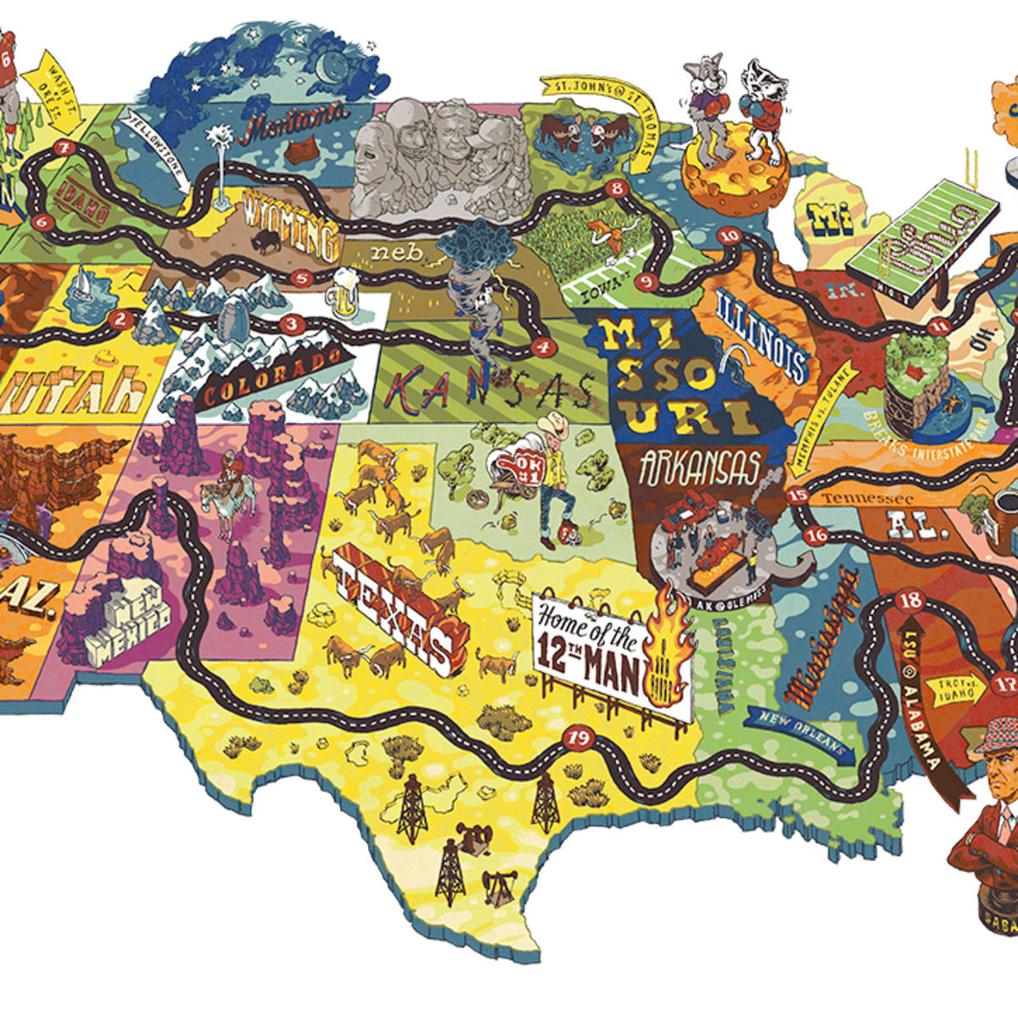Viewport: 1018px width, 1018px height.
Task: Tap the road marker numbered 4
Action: (x=542, y=346)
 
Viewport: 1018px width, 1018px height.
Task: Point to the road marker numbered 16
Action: (x=817, y=535)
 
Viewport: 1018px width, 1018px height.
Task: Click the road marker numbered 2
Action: (x=120, y=320)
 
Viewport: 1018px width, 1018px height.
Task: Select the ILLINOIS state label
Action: (x=761, y=333)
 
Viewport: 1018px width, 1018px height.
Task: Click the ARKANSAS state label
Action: (x=700, y=468)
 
